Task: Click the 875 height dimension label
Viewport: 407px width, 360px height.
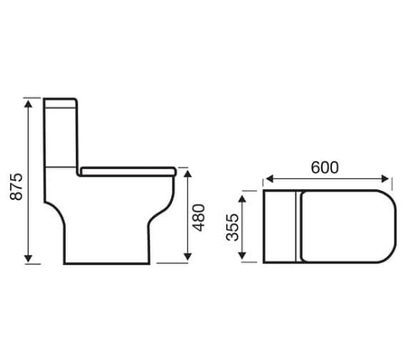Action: [16, 186]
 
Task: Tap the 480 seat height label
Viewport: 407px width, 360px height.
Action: [199, 218]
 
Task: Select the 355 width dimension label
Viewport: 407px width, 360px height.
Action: [232, 227]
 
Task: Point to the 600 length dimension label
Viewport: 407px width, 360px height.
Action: [325, 167]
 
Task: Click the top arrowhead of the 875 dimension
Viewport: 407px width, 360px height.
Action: [28, 104]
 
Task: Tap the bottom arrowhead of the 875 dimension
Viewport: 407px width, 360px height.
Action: [28, 258]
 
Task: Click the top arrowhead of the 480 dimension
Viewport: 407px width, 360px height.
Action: [188, 175]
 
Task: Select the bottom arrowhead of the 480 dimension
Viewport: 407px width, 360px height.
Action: [188, 257]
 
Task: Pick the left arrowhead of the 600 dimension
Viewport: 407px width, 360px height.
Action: [270, 179]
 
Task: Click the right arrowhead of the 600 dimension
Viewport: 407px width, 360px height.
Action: [385, 179]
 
